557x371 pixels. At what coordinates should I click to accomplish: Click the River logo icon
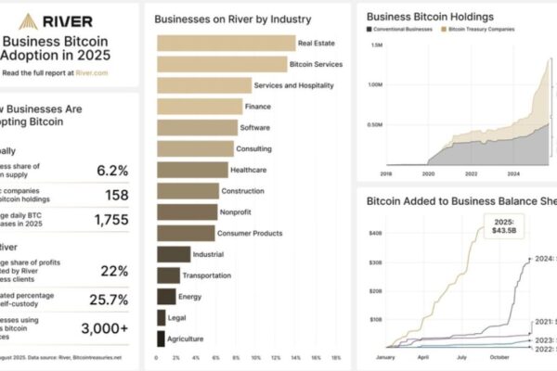tap(32, 19)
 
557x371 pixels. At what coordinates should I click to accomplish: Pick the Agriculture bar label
tap(186, 339)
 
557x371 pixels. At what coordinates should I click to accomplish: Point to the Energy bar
tap(166, 296)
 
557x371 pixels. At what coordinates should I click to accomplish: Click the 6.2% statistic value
tap(111, 170)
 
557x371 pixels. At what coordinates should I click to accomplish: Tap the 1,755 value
tap(110, 220)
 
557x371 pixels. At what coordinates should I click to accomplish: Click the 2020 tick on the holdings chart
tap(428, 173)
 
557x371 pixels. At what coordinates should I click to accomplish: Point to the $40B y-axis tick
tap(376, 233)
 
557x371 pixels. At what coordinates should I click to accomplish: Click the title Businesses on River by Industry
tap(232, 19)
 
